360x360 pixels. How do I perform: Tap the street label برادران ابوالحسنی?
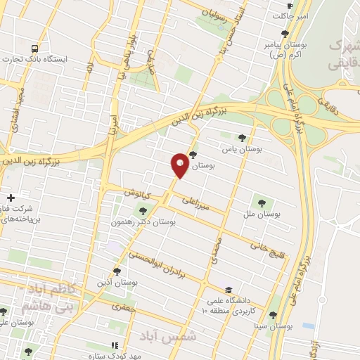pos(160,266)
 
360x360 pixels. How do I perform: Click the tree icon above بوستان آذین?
pos(117,271)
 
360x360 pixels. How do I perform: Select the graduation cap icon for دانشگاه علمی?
pos(229,290)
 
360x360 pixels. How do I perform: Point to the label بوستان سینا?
pos(274,327)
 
